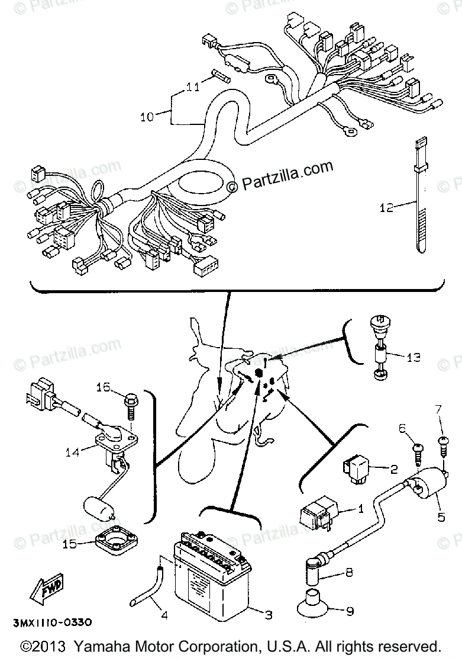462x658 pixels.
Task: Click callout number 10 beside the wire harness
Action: tap(147, 117)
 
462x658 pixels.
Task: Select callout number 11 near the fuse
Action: tap(192, 88)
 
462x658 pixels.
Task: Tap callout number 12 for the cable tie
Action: tap(386, 208)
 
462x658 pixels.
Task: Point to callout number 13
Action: tap(413, 358)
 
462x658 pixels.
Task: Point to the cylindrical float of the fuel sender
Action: tap(97, 508)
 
